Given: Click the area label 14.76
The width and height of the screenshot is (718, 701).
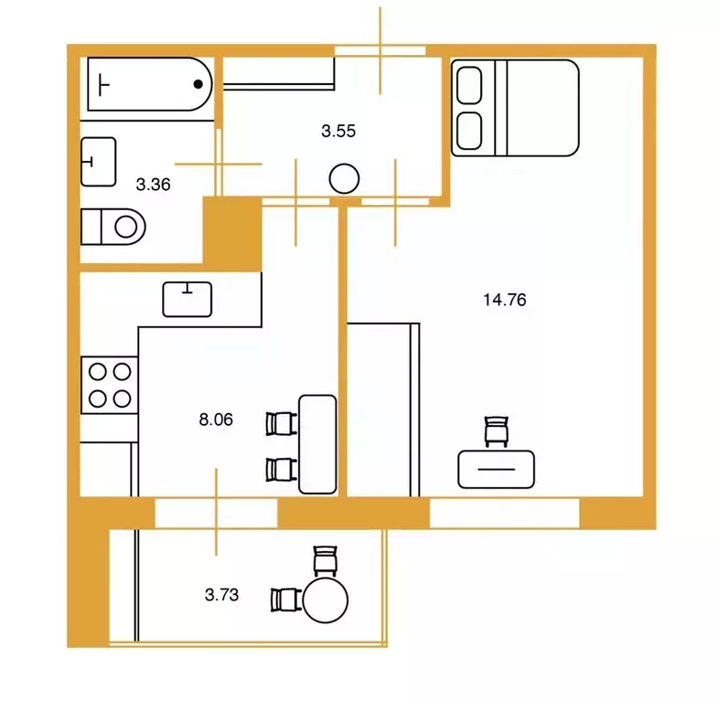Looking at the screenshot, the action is [x=505, y=300].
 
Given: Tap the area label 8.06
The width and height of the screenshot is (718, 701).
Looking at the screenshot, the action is [x=216, y=420].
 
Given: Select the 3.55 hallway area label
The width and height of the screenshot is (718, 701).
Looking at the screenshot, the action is [x=338, y=131].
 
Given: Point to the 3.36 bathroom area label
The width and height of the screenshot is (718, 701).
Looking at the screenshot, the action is [x=153, y=185].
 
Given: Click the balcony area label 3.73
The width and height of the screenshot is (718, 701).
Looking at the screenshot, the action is [x=221, y=595].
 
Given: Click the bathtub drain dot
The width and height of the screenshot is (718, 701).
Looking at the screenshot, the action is [x=198, y=84].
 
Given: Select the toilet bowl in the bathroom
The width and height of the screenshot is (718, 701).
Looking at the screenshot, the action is [x=113, y=227].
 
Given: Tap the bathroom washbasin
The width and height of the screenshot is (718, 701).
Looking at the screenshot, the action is [x=99, y=162].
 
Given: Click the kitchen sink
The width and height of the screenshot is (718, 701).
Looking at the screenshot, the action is [x=188, y=300].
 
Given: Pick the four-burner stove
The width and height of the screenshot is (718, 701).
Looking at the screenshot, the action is [x=110, y=386].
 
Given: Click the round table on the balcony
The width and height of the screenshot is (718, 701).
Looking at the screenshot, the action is [x=326, y=600].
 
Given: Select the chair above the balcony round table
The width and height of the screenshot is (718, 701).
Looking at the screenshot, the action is [x=326, y=560].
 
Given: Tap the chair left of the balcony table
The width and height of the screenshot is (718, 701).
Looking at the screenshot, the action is [x=285, y=600].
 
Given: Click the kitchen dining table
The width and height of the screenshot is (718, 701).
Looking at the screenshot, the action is [x=317, y=444].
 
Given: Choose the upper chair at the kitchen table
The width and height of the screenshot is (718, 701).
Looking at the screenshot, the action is [x=281, y=424].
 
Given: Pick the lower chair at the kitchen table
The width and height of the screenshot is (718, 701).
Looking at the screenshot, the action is [x=281, y=470].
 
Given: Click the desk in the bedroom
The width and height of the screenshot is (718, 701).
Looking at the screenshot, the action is [x=497, y=470].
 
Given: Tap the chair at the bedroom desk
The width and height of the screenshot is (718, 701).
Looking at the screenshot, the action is [x=497, y=431].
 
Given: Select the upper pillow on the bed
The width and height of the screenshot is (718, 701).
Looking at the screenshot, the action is [x=469, y=85].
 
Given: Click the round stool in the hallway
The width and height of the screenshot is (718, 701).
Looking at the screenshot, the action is [x=344, y=178].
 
